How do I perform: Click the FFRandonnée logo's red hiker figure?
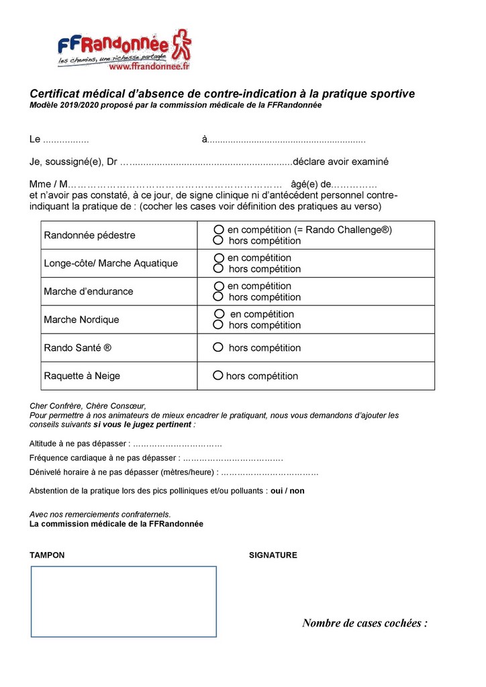tap(181, 44)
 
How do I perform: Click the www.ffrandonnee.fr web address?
tap(148, 66)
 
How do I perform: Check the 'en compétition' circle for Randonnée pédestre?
tap(218, 229)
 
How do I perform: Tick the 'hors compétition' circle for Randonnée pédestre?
tap(218, 240)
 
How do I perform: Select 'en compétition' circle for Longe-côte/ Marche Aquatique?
tap(218, 258)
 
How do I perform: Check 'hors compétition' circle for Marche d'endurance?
tap(218, 297)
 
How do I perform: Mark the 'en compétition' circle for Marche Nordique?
tap(219, 314)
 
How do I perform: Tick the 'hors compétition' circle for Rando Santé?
tap(218, 348)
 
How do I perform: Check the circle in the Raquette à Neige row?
tap(218, 376)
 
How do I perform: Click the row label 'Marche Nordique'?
tap(81, 319)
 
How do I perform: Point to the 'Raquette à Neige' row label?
tap(82, 376)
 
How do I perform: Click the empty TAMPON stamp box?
tap(124, 600)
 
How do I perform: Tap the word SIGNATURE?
tap(273, 556)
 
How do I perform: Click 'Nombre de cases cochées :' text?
tap(364, 623)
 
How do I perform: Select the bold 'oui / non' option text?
tap(287, 490)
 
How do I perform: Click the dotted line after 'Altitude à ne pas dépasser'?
tap(178, 444)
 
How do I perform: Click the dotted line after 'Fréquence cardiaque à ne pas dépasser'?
tap(233, 458)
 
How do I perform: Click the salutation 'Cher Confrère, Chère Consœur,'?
tap(88, 406)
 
